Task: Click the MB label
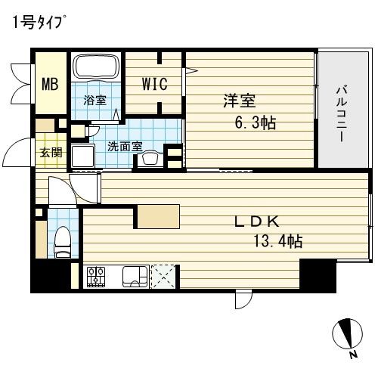coord(50,84)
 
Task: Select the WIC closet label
coord(154,84)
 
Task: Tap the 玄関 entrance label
coord(51,152)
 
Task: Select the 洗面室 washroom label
coord(124,146)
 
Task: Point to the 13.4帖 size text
coord(277,242)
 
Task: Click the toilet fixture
coord(62,240)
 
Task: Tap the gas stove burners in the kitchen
coord(96,277)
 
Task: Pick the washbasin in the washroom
coord(151,157)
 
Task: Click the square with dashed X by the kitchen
coord(163,277)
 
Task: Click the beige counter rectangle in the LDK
coord(158,217)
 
